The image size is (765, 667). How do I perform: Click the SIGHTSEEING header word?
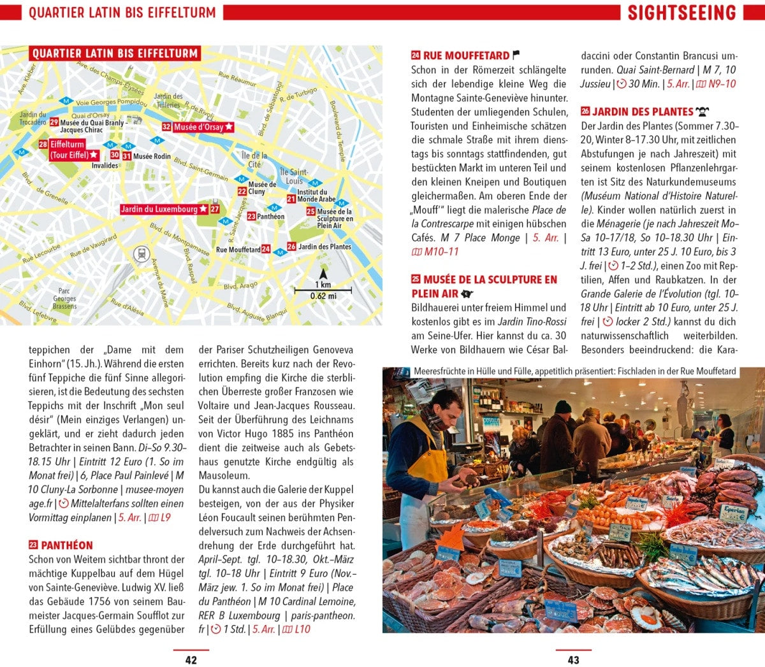coord(681,13)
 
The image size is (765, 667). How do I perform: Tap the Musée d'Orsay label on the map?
coord(198,127)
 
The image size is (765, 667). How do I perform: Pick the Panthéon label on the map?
coord(270,217)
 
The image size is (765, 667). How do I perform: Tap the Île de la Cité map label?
coord(254,159)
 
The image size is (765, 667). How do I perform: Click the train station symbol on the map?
coord(140,254)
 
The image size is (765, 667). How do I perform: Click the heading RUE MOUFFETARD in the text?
coord(466,56)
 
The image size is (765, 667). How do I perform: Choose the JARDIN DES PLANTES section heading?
coord(642,111)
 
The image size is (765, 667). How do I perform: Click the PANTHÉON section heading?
coord(67,545)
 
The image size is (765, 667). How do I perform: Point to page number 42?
coord(191,660)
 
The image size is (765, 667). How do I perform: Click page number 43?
coord(573,660)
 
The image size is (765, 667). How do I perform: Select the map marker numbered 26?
coord(291,247)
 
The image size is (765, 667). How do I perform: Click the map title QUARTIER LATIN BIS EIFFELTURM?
coord(115,54)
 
